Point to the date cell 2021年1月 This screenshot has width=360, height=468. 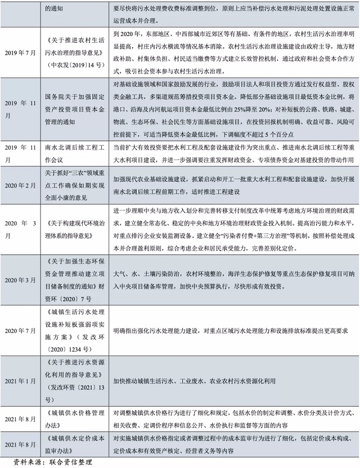[x=20, y=381]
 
